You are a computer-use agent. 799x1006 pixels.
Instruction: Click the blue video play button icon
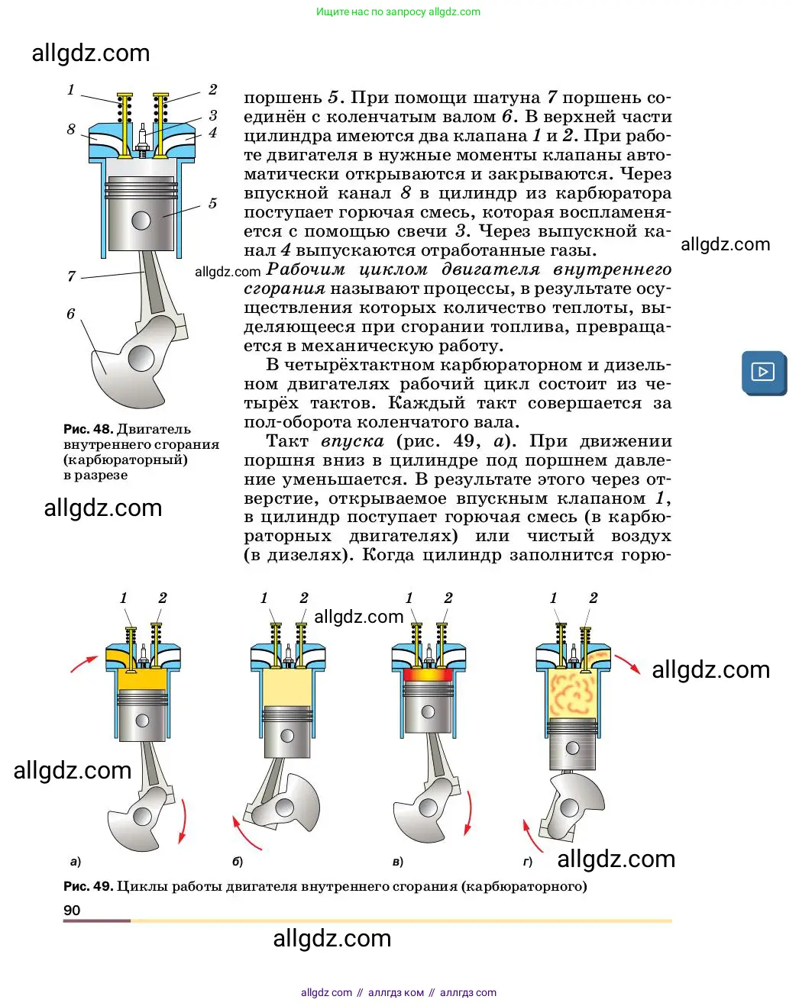tap(763, 372)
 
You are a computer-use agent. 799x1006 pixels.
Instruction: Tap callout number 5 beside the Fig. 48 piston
tap(212, 203)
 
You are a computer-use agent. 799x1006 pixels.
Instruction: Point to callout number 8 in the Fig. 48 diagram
tap(71, 129)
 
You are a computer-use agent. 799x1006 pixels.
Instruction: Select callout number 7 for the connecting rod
tap(71, 276)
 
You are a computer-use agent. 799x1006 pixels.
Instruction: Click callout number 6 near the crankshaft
tap(70, 313)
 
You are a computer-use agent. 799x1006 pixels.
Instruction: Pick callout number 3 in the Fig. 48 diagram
tap(213, 115)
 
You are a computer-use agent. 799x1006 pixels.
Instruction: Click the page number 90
tap(72, 910)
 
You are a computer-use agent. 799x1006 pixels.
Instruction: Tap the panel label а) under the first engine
tap(75, 862)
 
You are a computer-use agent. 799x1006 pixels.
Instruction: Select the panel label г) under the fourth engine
tap(527, 862)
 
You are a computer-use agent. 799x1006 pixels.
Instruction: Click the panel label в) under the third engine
tap(397, 862)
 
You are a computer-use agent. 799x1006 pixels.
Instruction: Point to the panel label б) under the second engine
tap(238, 862)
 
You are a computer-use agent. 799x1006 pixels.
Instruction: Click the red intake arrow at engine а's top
tap(84, 663)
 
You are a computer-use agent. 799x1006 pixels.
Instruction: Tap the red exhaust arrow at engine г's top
tap(628, 663)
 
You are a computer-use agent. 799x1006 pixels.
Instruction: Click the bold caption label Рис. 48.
tap(88, 429)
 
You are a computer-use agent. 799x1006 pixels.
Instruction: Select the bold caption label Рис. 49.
tap(88, 886)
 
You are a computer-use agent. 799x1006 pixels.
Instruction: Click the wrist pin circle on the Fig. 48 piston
tap(141, 221)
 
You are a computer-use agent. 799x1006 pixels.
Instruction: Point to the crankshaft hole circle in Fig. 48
tap(141, 357)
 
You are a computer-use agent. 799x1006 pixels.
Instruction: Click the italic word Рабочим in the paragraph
tap(305, 269)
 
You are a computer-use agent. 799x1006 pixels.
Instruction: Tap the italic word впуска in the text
tap(352, 441)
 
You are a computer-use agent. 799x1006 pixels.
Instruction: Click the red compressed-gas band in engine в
tap(428, 675)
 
